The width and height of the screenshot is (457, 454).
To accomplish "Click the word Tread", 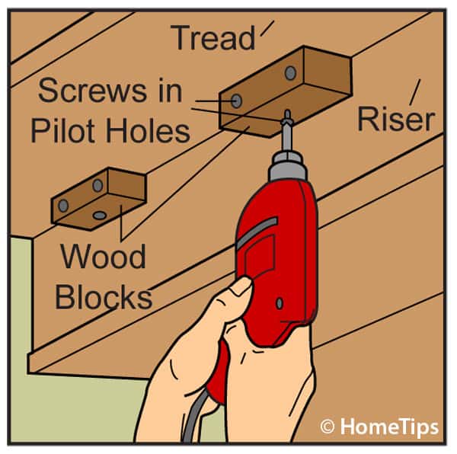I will tap(213, 38).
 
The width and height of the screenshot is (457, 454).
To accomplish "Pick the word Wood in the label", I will tap(103, 257).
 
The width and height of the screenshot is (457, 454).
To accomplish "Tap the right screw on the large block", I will tap(290, 74).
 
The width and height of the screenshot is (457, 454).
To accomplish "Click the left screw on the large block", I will tap(237, 101).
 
